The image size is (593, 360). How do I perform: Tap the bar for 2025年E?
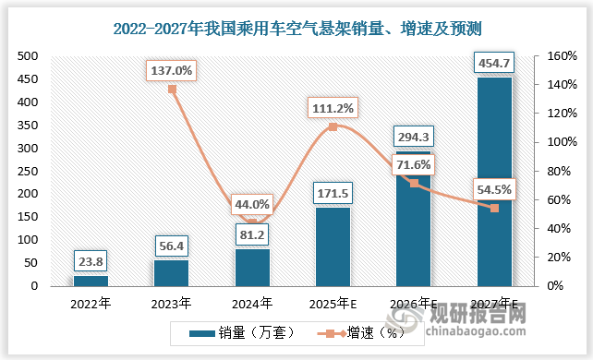333,246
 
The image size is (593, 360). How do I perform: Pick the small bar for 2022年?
91,281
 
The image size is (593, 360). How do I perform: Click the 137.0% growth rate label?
171,70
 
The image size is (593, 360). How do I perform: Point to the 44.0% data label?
252,205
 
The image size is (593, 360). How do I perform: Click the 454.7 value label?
494,64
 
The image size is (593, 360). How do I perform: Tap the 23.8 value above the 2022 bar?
91,260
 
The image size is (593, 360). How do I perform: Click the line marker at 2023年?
171,90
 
